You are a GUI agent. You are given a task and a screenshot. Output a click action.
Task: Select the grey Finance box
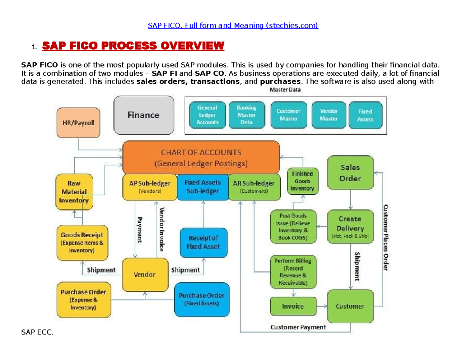click(143, 115)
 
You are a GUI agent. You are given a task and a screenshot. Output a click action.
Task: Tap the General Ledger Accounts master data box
click(207, 115)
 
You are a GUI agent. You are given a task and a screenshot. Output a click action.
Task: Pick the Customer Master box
click(288, 115)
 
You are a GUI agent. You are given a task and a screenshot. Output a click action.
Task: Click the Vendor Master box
click(329, 115)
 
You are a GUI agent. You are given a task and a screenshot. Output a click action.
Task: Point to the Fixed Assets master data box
click(365, 115)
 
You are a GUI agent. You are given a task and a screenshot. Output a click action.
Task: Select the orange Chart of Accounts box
click(201, 158)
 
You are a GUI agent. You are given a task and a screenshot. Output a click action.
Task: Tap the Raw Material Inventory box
click(74, 191)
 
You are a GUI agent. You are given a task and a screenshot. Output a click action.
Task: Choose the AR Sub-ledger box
click(254, 187)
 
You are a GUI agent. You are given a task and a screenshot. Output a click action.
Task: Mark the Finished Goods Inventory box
click(302, 181)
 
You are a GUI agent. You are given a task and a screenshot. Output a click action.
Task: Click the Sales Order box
click(350, 173)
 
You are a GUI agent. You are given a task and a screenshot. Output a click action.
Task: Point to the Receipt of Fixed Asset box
click(203, 242)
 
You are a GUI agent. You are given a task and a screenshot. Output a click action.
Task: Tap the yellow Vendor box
click(144, 274)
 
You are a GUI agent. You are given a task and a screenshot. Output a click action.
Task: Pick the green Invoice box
click(292, 306)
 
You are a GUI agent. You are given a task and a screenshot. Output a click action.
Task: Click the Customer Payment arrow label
click(298, 327)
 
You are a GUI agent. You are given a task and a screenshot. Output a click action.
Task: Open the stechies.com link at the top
click(233, 26)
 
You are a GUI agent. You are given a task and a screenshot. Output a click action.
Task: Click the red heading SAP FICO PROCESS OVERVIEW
click(133, 46)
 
